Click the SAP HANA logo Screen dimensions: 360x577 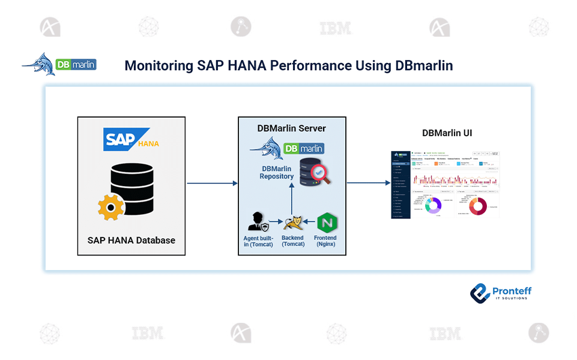coord(131,139)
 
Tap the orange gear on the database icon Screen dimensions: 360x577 coord(111,208)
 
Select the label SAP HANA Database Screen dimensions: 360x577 coord(131,240)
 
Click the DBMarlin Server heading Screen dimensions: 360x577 coord(292,128)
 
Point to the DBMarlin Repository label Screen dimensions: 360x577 coord(276,173)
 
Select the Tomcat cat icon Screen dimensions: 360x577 coord(292,223)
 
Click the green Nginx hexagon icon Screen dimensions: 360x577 coord(325,221)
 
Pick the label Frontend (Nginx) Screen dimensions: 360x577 coord(325,241)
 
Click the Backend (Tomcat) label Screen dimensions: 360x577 coord(292,241)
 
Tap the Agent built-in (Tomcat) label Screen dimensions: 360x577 coord(258,241)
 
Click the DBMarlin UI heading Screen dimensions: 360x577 coord(447,133)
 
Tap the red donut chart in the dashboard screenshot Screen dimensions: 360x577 coord(479,205)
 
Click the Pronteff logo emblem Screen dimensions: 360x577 coord(480,293)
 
